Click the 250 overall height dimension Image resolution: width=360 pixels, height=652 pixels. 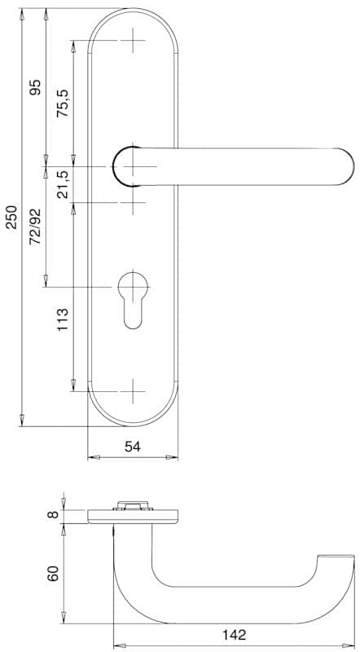tap(11, 217)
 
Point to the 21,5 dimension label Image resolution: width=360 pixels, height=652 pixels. tap(64, 184)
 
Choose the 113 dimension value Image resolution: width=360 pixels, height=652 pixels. tap(63, 319)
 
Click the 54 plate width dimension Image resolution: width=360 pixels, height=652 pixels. tap(133, 446)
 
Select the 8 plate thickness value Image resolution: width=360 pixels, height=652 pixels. tap(52, 515)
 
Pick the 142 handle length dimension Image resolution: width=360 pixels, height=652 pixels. tap(234, 635)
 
